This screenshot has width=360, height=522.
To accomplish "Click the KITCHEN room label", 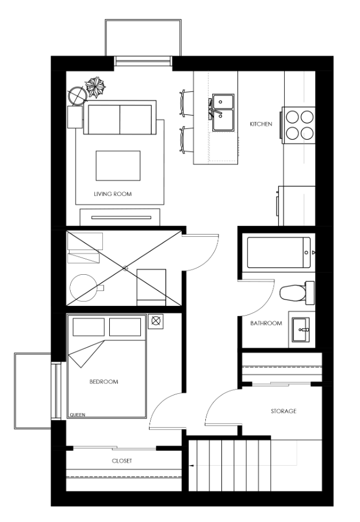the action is click(261, 124).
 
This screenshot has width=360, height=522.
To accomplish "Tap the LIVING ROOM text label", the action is click(113, 194).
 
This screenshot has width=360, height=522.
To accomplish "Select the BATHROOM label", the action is click(266, 323).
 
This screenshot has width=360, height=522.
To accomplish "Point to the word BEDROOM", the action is click(104, 382).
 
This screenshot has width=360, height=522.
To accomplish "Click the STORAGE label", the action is click(284, 411).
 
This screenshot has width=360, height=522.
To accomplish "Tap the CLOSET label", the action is click(122, 461).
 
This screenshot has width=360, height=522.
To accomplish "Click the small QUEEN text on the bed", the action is click(77, 415).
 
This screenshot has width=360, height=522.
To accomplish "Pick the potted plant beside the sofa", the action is click(95, 87).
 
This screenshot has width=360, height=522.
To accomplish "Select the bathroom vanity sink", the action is click(301, 329).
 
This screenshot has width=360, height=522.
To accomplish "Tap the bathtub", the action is click(279, 252).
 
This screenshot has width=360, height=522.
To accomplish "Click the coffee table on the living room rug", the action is click(118, 166).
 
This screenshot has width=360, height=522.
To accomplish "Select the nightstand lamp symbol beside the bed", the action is click(155, 321).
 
